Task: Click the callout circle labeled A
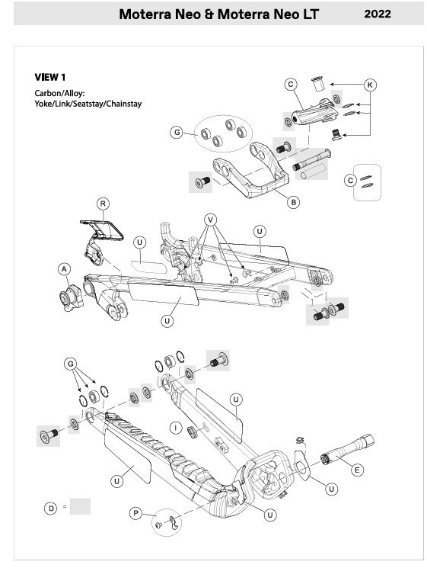click(64, 269)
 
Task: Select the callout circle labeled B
click(294, 202)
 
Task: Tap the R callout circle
click(103, 204)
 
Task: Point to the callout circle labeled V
click(210, 220)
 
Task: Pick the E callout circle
click(357, 470)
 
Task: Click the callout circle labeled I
click(176, 428)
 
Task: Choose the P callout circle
click(135, 513)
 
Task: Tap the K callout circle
click(370, 85)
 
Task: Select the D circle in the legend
click(51, 509)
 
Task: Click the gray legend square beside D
click(80, 506)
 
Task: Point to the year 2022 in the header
click(378, 14)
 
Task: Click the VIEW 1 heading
click(50, 77)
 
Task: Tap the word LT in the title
click(310, 14)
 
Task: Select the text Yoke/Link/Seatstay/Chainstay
click(88, 104)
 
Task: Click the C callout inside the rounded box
click(350, 181)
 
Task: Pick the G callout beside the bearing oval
click(177, 132)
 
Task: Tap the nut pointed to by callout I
click(192, 432)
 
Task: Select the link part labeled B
click(251, 170)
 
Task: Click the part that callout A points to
click(71, 298)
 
